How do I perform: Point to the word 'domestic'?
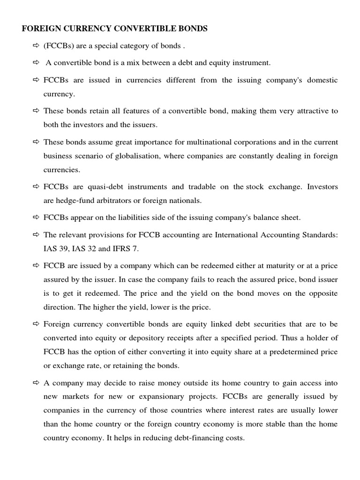point(322,80)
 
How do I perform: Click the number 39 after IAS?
point(61,248)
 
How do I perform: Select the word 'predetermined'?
point(290,352)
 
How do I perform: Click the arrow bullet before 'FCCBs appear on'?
point(37,217)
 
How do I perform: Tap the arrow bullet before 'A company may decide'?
point(37,383)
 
